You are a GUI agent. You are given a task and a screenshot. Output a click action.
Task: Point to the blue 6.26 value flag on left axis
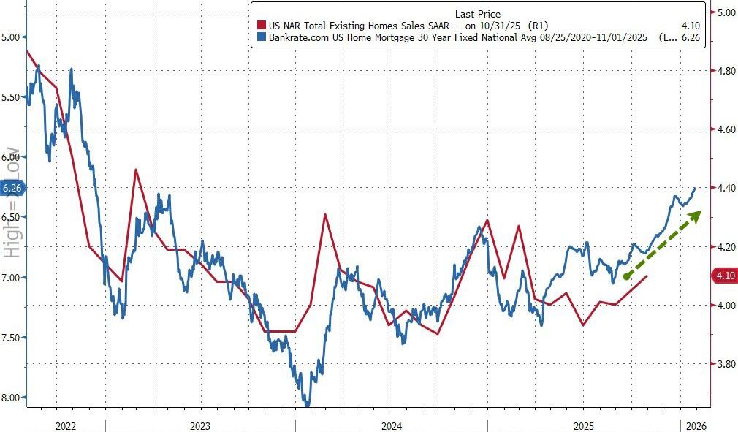13,188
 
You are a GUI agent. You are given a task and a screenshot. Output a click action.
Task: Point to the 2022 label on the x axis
64,425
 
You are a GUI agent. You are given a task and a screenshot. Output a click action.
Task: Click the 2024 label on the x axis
391,425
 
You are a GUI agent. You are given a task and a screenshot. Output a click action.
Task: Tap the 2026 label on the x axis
694,425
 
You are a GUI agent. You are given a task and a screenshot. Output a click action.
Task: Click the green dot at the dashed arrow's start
627,276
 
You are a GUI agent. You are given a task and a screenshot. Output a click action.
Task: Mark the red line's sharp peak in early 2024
324,214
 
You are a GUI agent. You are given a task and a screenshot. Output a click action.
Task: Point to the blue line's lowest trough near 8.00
308,404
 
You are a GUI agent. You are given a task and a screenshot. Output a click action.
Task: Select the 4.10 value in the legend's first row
690,26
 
